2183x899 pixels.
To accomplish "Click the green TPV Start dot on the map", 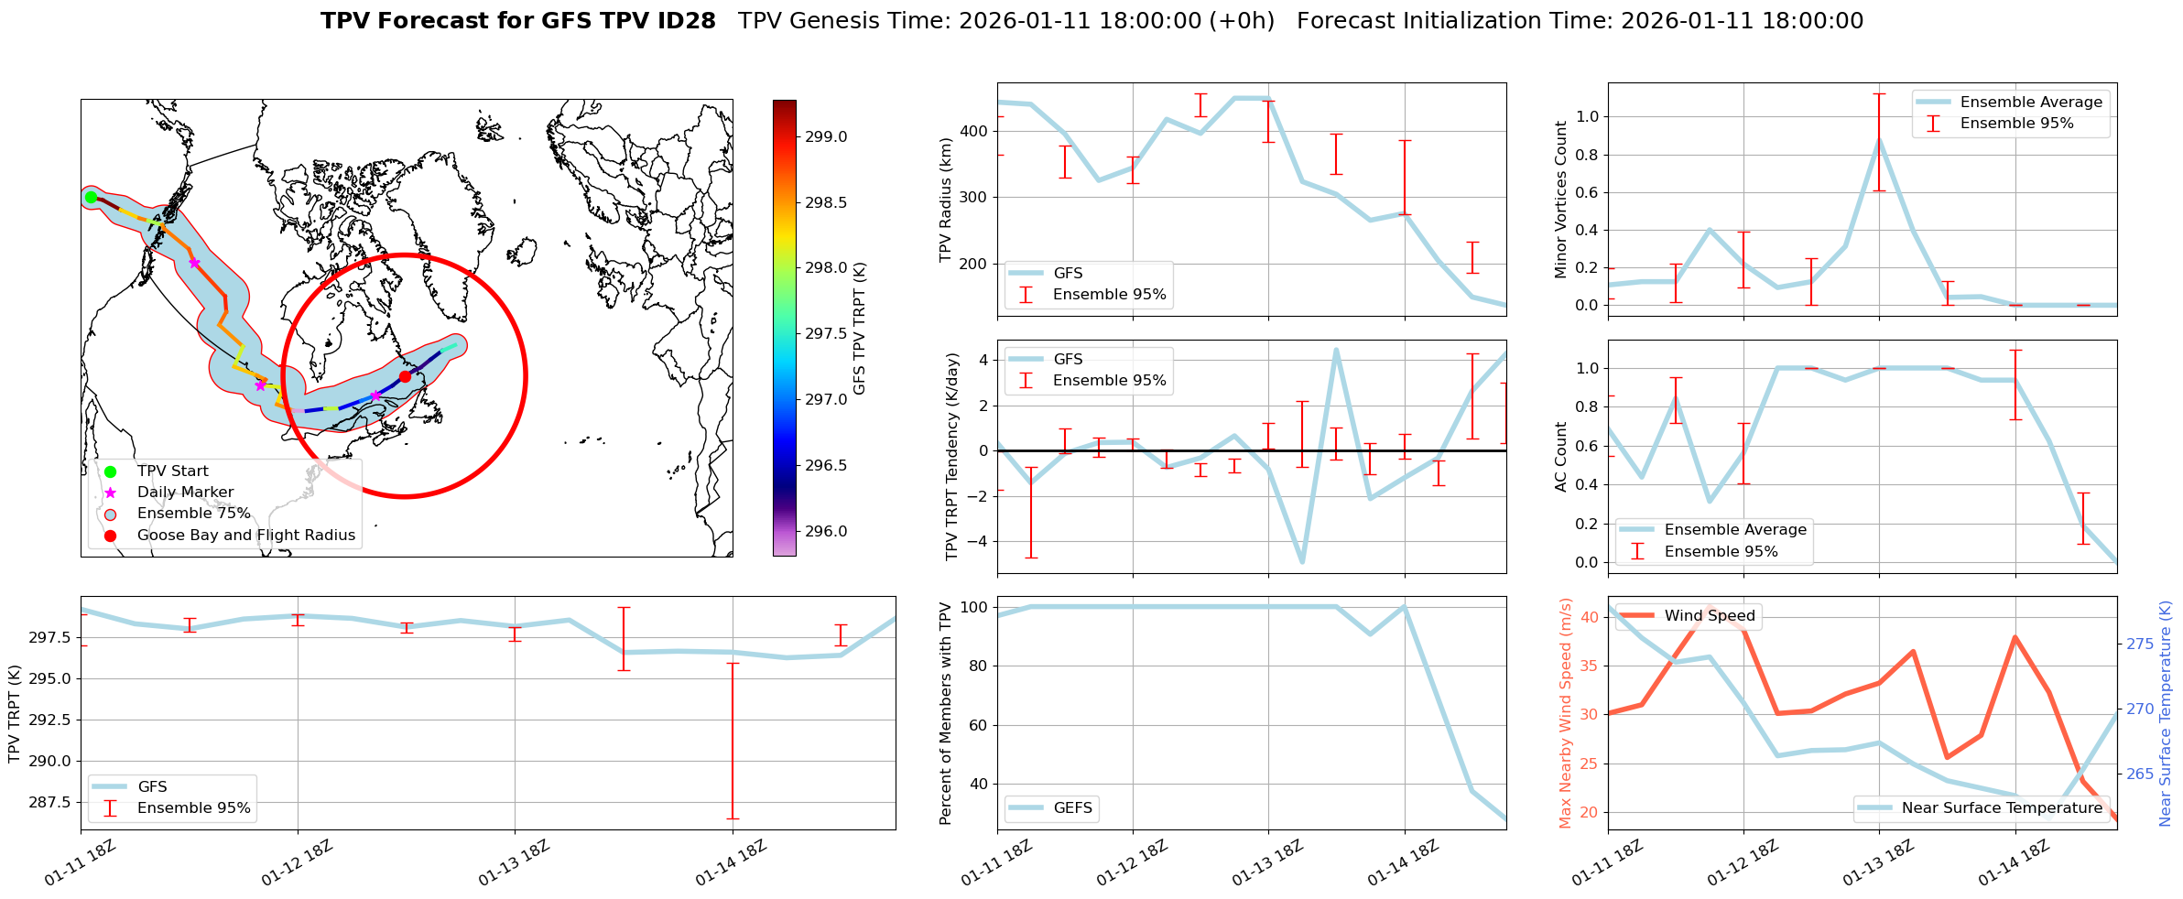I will [91, 197].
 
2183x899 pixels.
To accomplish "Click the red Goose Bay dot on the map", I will [405, 376].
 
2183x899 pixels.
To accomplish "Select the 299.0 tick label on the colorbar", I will [826, 137].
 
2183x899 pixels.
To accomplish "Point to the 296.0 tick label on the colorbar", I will [826, 532].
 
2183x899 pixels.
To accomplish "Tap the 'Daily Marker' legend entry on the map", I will [185, 493].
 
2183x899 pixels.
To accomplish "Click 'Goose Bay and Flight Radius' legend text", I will [245, 536].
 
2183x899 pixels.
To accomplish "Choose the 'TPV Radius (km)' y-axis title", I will [946, 200].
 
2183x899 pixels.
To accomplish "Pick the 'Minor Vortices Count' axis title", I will [1561, 200].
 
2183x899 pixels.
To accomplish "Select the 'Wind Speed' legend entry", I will [1709, 616].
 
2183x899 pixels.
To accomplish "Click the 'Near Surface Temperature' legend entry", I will [2002, 808].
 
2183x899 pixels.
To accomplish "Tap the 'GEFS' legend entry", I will [1072, 808].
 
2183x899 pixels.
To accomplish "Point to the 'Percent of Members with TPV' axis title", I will [946, 713].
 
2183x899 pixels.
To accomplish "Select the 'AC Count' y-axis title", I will [1561, 457].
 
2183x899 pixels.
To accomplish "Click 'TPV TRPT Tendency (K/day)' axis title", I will [952, 457].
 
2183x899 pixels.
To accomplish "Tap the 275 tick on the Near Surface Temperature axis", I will [2140, 644].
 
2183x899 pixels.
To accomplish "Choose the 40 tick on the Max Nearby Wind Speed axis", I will [1590, 617].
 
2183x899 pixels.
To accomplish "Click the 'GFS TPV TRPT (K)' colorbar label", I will [859, 329].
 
